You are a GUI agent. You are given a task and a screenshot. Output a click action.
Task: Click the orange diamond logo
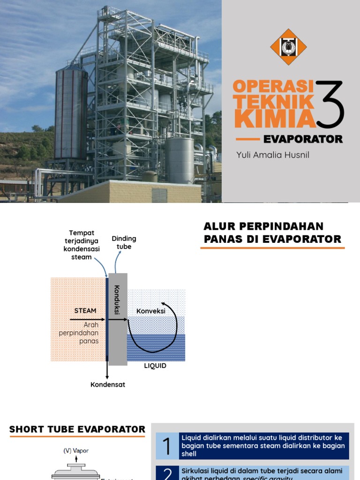point(289,47)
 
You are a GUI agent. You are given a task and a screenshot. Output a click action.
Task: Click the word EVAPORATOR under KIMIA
point(303,139)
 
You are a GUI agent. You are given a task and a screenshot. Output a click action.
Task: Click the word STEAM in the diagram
point(85,310)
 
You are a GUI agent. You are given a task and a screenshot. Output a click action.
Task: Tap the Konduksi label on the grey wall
point(117,300)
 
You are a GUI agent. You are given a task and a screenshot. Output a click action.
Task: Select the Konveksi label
point(151,311)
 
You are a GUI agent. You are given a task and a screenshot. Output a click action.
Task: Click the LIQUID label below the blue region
point(155,366)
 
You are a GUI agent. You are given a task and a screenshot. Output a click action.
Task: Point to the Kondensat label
point(108,385)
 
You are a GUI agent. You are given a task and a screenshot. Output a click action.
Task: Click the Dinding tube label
point(124,243)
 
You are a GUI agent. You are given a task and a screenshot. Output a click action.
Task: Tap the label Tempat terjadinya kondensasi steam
point(82,245)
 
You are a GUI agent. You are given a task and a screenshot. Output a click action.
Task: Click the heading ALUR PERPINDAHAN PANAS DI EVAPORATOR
point(272,233)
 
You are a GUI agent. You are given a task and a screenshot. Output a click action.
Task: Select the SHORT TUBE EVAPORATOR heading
point(77,429)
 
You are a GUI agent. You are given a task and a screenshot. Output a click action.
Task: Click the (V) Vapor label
point(76,450)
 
